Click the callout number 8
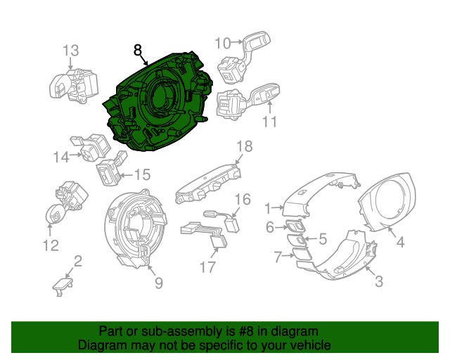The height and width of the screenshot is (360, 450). tap(138, 50)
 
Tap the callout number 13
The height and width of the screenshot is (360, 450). tap(70, 51)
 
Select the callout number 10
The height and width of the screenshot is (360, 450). tap(222, 43)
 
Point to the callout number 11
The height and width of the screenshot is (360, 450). tap(270, 122)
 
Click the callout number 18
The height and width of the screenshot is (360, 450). tap(243, 146)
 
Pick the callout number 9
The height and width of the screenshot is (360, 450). tap(159, 283)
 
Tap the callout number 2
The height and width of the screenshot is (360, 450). tap(78, 262)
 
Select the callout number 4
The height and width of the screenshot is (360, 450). tap(399, 243)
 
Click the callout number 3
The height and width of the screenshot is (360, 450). tap(379, 282)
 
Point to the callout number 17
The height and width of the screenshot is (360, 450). tap(207, 266)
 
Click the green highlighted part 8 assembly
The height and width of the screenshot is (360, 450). tap(158, 98)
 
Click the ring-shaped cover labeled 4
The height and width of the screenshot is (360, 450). tap(386, 205)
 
